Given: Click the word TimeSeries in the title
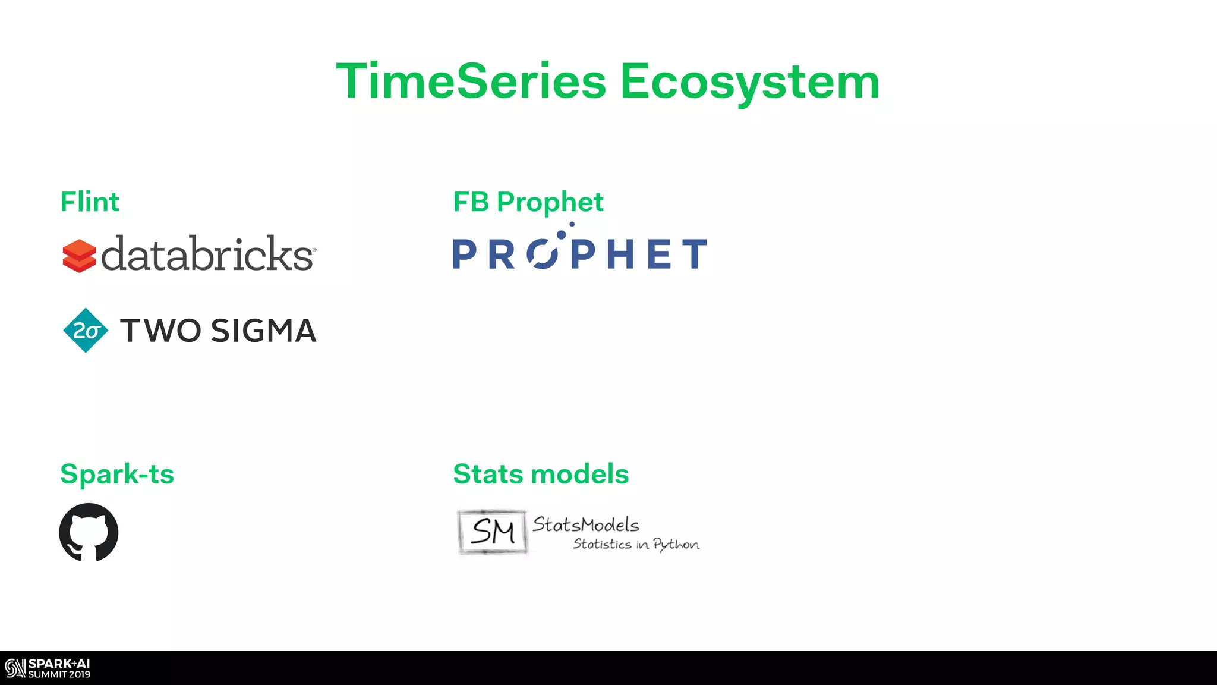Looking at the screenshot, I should pos(471,81).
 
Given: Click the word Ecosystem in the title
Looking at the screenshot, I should pos(749,83).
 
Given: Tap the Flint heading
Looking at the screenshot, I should pos(90,202).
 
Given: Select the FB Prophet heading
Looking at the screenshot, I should pos(528,202).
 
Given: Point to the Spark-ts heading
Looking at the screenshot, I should pos(117,475).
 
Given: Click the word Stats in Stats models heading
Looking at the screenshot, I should pos(488,475).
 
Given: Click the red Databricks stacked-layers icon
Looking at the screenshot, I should pos(79,256).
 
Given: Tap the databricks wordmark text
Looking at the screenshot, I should pos(207,254).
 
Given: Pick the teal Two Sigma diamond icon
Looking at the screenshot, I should pos(86,331).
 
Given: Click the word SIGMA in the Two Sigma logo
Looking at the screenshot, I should pos(263,331).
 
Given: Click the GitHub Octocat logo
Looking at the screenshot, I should pos(89,532).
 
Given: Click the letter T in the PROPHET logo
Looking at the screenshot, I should pos(694,254).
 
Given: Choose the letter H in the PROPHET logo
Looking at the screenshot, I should pos(620,254).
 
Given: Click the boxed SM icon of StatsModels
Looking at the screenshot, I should pos(492,532).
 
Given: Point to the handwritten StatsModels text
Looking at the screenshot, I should pos(585,524).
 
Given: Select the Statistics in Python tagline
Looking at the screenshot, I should pos(636,544).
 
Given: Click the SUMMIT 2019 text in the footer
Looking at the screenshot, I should pos(59,674).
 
